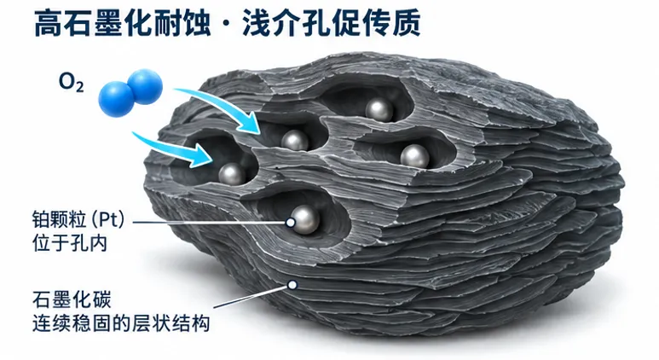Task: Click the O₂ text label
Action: (x=71, y=82)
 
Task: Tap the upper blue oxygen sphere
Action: (x=145, y=87)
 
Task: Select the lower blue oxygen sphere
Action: (x=116, y=99)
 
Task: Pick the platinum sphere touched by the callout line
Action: (x=305, y=219)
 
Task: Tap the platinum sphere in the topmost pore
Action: (x=379, y=110)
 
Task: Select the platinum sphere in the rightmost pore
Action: (x=414, y=156)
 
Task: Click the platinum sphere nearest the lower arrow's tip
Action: (x=232, y=174)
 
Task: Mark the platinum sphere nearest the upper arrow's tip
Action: (x=295, y=141)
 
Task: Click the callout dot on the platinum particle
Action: (x=291, y=222)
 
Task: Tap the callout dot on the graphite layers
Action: (x=292, y=285)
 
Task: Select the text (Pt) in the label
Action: (x=108, y=219)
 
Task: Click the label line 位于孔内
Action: (x=69, y=242)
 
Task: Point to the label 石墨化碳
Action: (x=72, y=300)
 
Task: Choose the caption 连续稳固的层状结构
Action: (x=121, y=323)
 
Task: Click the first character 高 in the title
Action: (x=49, y=23)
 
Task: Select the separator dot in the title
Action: (x=227, y=25)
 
